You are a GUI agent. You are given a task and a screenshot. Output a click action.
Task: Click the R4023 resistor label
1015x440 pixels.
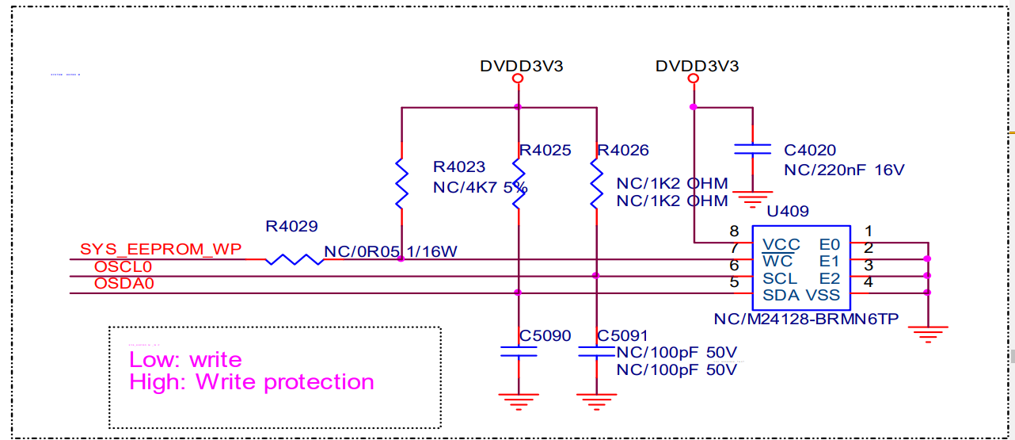pyautogui.click(x=459, y=167)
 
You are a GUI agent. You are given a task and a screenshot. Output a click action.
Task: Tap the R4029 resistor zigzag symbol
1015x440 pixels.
pyautogui.click(x=294, y=259)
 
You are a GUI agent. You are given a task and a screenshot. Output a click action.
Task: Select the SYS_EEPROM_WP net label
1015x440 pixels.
pyautogui.click(x=162, y=250)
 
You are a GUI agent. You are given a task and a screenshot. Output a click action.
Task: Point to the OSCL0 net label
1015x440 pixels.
pyautogui.click(x=123, y=267)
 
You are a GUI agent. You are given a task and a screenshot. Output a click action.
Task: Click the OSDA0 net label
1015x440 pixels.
pyautogui.click(x=123, y=283)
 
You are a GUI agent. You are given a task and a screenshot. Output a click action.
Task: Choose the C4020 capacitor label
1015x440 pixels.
pyautogui.click(x=809, y=151)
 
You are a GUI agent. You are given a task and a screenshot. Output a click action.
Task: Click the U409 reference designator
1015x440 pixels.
pyautogui.click(x=788, y=212)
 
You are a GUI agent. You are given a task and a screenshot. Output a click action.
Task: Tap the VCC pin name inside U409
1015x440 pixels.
pyautogui.click(x=781, y=245)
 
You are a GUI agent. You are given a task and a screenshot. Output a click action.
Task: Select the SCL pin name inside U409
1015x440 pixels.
pyautogui.click(x=780, y=279)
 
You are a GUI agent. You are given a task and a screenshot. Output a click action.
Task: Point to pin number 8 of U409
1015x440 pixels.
pyautogui.click(x=734, y=231)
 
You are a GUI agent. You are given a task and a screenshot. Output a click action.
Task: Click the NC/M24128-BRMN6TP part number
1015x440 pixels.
pyautogui.click(x=806, y=319)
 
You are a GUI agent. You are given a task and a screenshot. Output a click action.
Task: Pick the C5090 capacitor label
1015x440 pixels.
pyautogui.click(x=545, y=335)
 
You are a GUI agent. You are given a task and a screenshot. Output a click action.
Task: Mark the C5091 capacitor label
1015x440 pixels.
pyautogui.click(x=623, y=335)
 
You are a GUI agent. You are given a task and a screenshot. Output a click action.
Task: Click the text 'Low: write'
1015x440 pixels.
pyautogui.click(x=185, y=360)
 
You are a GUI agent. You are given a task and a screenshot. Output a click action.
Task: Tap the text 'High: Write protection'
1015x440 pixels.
pyautogui.click(x=252, y=382)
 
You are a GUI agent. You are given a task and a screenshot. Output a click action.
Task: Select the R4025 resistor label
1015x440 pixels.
pyautogui.click(x=545, y=151)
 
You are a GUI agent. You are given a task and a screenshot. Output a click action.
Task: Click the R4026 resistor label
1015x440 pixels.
pyautogui.click(x=623, y=151)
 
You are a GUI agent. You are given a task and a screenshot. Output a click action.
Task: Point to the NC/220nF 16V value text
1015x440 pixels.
pyautogui.click(x=844, y=170)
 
